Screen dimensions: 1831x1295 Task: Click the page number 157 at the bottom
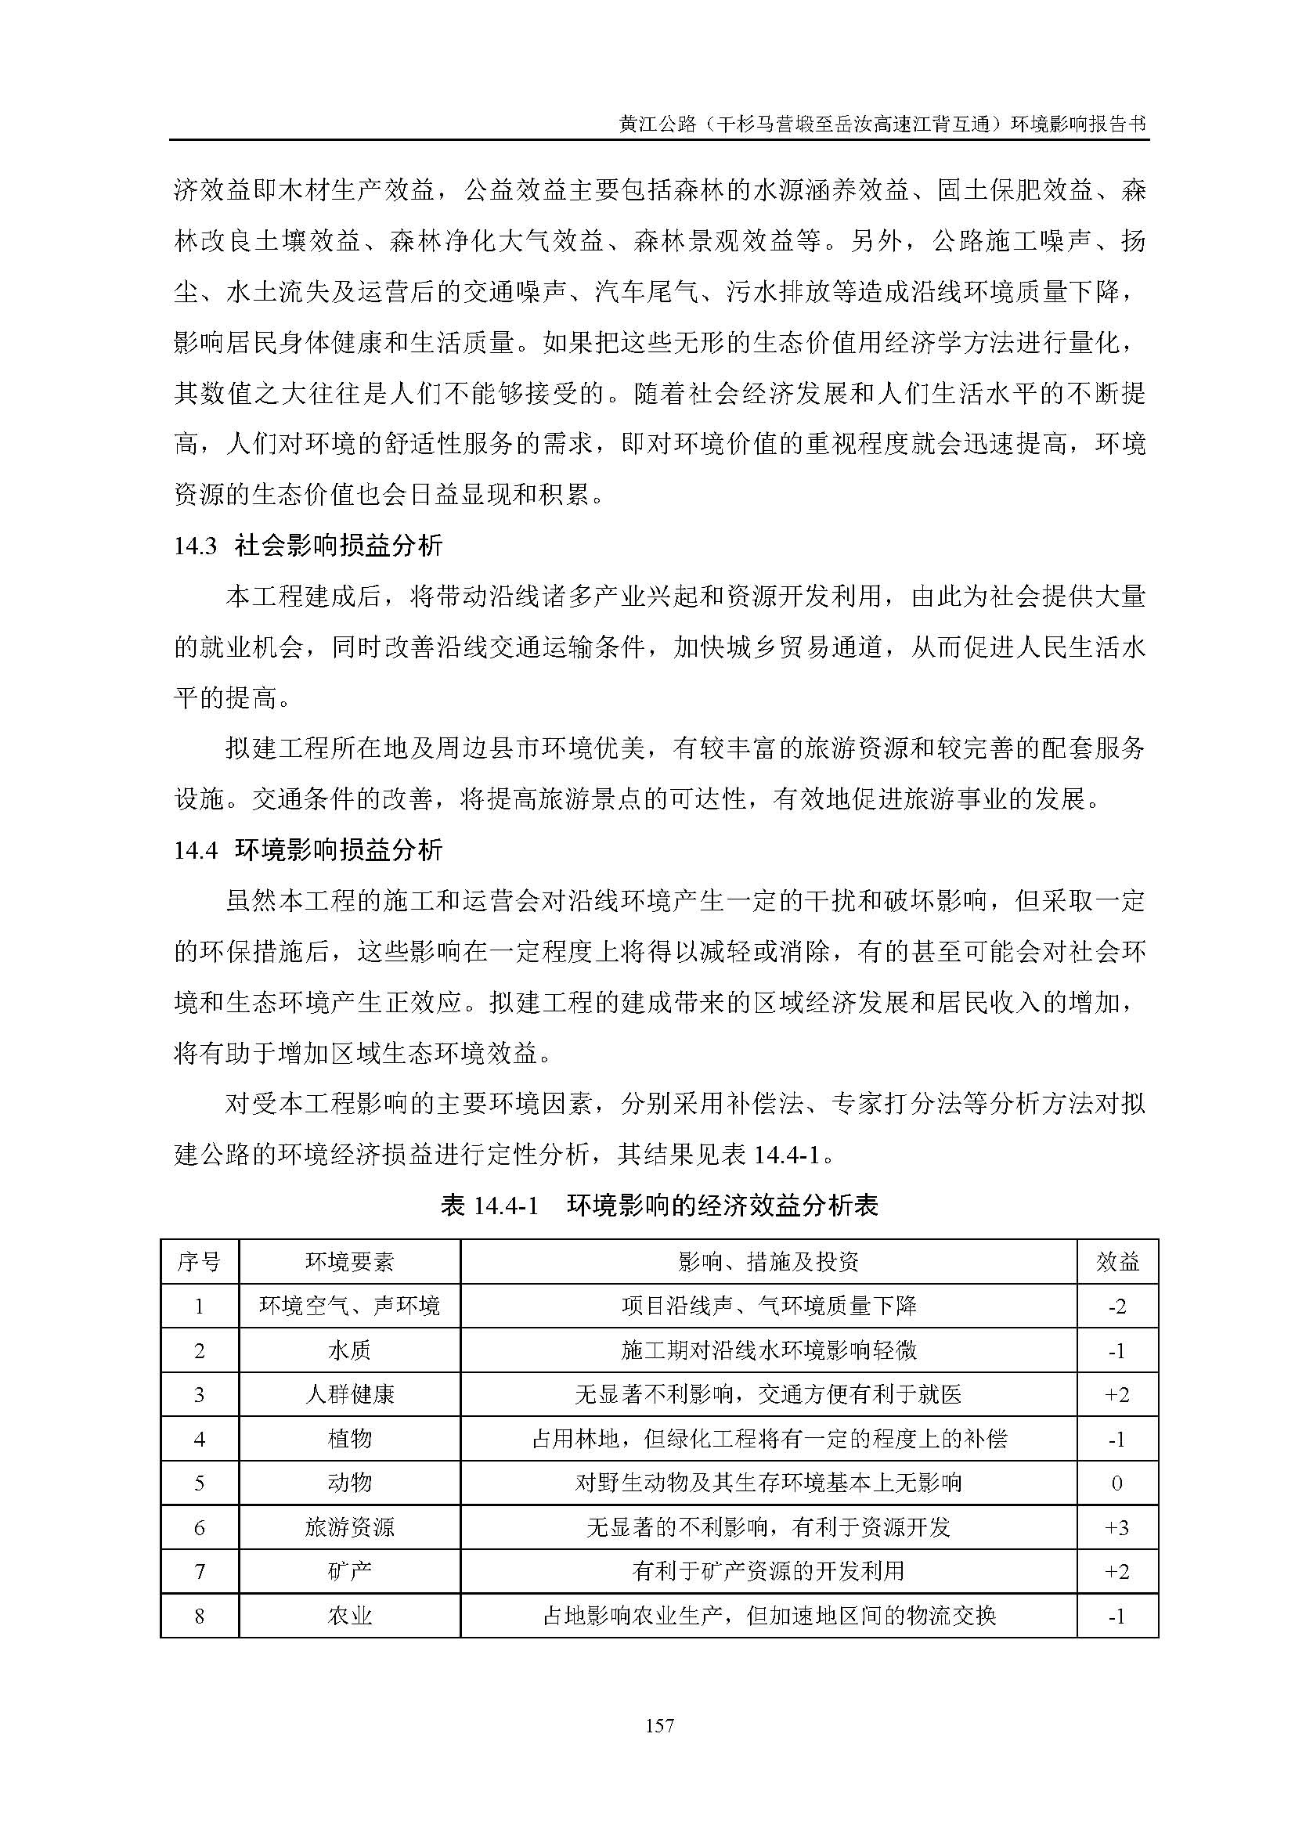coord(659,1726)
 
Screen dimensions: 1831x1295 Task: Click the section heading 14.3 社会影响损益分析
coord(308,546)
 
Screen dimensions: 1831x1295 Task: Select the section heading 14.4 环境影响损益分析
coord(308,850)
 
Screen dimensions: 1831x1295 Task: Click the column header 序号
coord(200,1262)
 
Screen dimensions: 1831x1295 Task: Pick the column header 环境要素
coord(349,1262)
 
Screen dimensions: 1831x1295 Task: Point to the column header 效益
coord(1116,1262)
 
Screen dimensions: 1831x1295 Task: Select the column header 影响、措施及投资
coord(768,1262)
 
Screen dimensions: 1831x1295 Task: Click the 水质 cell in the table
coord(349,1350)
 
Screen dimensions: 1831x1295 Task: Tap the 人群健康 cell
coord(349,1394)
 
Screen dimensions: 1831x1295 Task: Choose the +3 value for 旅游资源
coord(1116,1527)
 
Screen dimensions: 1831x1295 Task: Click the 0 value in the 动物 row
coord(1116,1483)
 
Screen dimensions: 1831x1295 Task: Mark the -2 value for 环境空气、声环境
coord(1116,1307)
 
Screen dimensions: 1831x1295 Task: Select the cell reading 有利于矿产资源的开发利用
coord(768,1571)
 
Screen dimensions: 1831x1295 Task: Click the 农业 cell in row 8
coord(349,1616)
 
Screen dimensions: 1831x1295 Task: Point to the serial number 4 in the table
coord(200,1439)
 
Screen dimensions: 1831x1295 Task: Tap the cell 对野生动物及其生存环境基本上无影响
coord(768,1483)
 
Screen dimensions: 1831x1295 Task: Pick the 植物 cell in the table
coord(349,1439)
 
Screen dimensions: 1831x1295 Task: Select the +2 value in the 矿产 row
coord(1116,1572)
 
